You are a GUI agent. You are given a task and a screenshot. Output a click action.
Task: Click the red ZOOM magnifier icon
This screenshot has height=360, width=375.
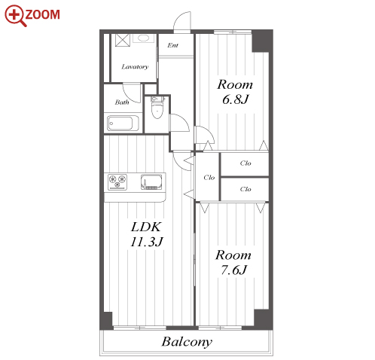(x=15, y=15)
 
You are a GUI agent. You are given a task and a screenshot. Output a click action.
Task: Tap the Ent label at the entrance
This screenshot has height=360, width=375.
(x=172, y=45)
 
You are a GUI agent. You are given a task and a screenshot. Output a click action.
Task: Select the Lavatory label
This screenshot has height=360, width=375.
(x=135, y=67)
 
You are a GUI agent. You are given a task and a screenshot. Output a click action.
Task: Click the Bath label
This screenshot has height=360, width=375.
(x=122, y=102)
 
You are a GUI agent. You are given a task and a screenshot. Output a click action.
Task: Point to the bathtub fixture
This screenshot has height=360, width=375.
(x=123, y=123)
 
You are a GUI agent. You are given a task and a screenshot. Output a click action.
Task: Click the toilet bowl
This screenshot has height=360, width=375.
(x=157, y=111)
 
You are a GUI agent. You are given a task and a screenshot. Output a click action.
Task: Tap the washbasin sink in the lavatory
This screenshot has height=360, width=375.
(x=143, y=38)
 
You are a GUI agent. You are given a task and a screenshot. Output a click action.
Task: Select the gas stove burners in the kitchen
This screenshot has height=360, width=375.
(x=117, y=182)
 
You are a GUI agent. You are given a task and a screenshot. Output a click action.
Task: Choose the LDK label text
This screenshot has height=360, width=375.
(x=145, y=227)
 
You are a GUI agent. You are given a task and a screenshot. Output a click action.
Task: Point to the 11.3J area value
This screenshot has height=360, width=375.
(x=147, y=242)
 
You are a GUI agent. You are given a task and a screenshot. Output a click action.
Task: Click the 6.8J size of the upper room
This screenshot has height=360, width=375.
(x=235, y=99)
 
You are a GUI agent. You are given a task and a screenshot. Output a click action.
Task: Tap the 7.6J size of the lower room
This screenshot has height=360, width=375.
(x=233, y=270)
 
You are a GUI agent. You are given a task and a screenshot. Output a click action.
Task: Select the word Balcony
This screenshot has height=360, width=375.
(x=187, y=342)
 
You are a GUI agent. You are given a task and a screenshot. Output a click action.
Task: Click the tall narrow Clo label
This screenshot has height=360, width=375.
(x=209, y=178)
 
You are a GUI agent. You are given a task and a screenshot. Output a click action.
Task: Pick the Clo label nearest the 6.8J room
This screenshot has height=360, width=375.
(x=245, y=163)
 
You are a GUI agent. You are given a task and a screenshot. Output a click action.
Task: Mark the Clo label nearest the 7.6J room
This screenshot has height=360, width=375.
(x=245, y=189)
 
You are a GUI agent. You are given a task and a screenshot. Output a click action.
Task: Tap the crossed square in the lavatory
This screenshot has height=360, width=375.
(x=123, y=40)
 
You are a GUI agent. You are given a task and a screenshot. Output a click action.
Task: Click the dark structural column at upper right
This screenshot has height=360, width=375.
(x=262, y=41)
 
